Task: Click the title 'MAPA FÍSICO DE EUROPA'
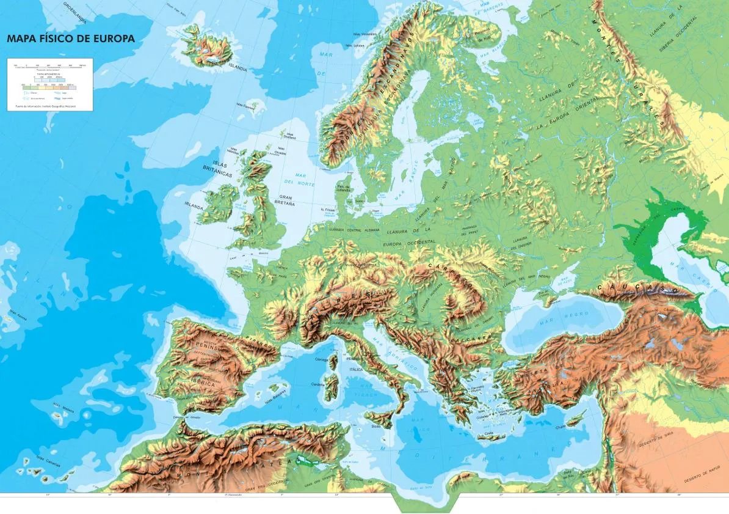(70, 39)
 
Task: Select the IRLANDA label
(194, 207)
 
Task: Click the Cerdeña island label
(318, 384)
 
